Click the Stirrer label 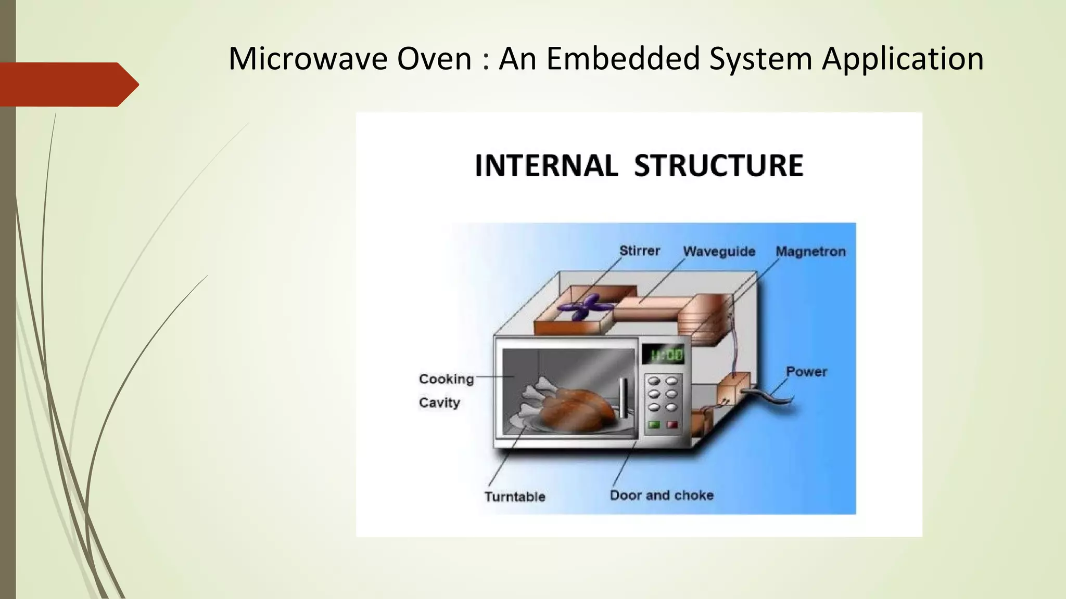point(639,251)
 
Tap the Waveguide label point(719,252)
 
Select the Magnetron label point(810,252)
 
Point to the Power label point(806,372)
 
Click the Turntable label point(515,497)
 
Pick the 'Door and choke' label point(662,495)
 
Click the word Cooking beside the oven point(446,379)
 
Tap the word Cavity point(439,402)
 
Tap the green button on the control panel point(654,425)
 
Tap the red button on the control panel point(672,425)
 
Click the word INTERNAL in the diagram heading point(546,166)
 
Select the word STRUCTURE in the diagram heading point(718,166)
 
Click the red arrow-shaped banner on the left point(68,84)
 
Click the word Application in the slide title point(903,59)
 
